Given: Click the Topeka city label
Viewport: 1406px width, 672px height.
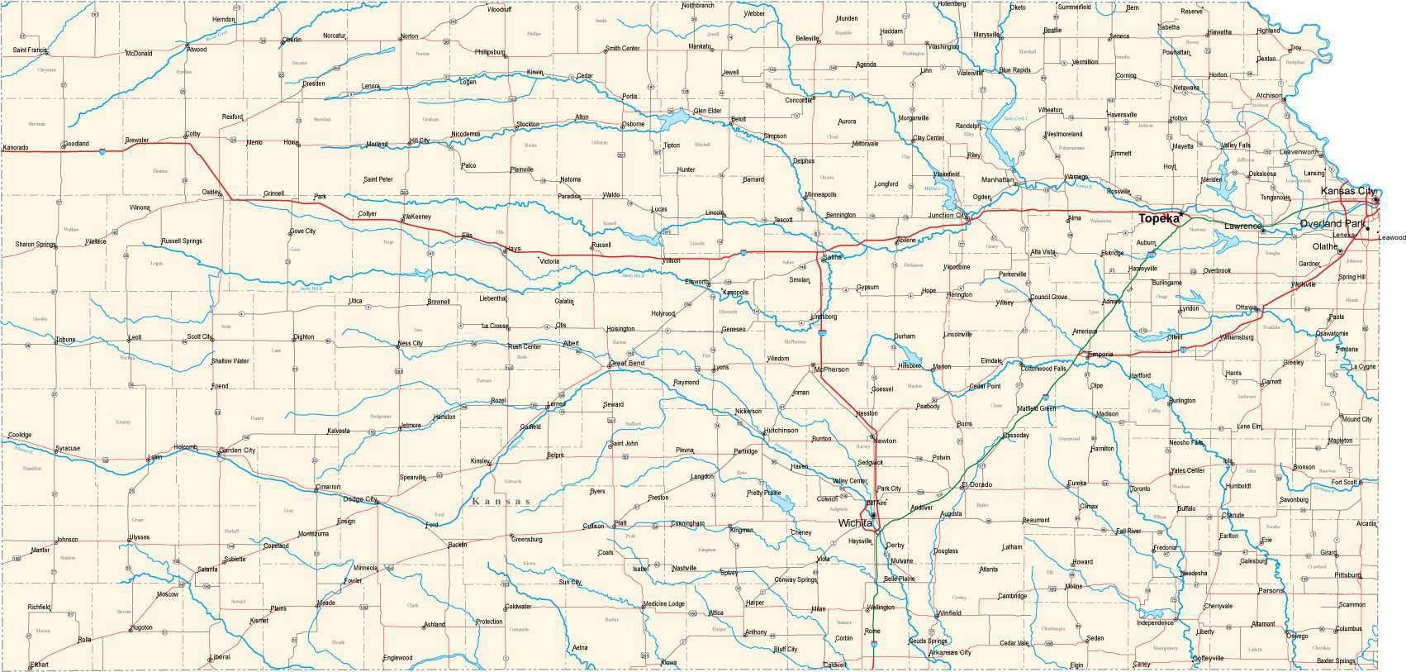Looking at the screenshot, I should [x=1157, y=218].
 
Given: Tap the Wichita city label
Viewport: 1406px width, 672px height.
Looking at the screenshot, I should [x=855, y=523].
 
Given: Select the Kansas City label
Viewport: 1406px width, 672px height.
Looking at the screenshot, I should [x=1347, y=192].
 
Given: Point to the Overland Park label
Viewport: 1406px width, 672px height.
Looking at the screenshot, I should [x=1332, y=224].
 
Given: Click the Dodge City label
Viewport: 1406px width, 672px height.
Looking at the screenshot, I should [x=359, y=498].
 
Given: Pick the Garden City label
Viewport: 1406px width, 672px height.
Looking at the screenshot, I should [x=237, y=450].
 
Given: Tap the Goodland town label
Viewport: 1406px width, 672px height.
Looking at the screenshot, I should [x=75, y=143].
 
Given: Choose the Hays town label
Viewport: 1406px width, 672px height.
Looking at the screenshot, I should [x=513, y=248].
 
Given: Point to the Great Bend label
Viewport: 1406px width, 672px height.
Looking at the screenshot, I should [x=626, y=363].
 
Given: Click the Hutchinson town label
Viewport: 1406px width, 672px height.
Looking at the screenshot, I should [x=781, y=431].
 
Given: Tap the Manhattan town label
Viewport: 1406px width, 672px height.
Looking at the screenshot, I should [x=997, y=179].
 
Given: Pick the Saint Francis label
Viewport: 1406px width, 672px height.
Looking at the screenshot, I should [x=31, y=50].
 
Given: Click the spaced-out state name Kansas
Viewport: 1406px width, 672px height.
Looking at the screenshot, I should [x=501, y=502].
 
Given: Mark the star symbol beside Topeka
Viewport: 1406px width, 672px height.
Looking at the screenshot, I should [x=1182, y=214].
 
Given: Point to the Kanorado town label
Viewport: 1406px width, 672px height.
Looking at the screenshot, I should [x=15, y=148].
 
